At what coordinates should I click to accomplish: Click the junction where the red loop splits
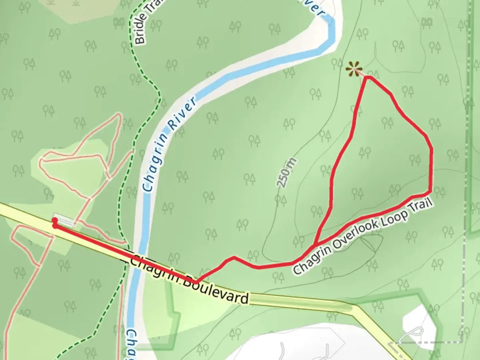click(x=314, y=246)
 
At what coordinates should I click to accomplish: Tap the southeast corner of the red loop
click(x=430, y=192)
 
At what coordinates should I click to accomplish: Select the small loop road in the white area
click(x=415, y=332)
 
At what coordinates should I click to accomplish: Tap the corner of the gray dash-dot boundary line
click(x=462, y=342)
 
